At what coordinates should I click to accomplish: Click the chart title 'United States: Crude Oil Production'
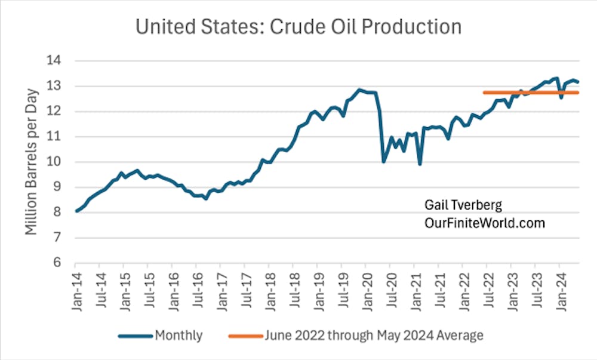point(298,27)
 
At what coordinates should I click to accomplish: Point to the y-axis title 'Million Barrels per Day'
point(32,161)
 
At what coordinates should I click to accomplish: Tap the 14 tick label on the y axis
point(57,61)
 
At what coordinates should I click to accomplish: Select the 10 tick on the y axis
point(57,162)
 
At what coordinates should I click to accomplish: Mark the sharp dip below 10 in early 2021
point(420,164)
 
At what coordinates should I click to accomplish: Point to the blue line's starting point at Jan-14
point(76,211)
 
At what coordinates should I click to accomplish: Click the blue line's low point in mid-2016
point(206,198)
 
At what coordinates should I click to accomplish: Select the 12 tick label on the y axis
point(57,112)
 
